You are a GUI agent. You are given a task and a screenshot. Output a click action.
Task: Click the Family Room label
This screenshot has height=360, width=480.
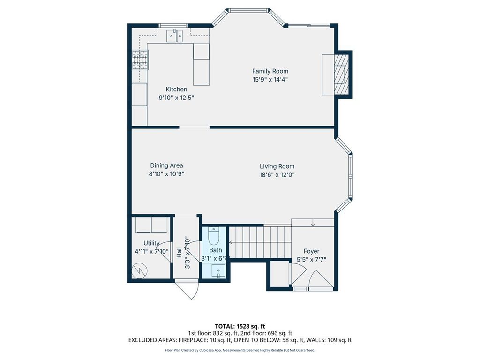pos(270,71)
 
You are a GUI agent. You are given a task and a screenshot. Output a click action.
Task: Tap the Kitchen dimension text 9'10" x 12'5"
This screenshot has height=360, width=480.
pos(176,98)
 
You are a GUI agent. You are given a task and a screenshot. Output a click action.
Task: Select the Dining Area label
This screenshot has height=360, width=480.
pos(166,165)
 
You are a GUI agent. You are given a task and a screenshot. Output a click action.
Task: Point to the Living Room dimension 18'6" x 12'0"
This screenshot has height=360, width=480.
pos(277,175)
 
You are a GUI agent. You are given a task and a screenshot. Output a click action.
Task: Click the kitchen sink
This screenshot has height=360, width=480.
pos(175,36)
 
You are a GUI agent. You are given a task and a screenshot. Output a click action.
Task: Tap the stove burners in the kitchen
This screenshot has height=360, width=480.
pos(140,60)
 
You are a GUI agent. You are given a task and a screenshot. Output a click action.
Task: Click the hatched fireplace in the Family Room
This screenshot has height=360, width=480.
pos(341,75)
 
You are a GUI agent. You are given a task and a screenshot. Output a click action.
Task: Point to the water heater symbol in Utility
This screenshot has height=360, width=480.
pos(139,270)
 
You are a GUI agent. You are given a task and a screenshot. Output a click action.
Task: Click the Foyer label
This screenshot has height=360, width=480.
pos(311,251)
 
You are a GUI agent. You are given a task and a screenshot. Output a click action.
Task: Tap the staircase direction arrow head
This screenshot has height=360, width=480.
pos(230,243)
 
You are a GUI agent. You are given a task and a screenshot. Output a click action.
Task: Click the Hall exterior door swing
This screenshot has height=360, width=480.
pos(187,289)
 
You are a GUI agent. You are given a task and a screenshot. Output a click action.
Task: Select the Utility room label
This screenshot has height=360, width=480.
pos(151,243)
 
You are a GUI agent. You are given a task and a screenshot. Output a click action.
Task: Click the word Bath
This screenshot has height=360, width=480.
pos(216,250)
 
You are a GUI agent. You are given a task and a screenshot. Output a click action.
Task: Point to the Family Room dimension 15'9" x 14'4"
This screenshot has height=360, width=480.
pos(270,80)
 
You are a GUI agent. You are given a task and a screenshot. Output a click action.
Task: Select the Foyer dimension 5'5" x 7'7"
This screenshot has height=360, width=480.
pos(311,260)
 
